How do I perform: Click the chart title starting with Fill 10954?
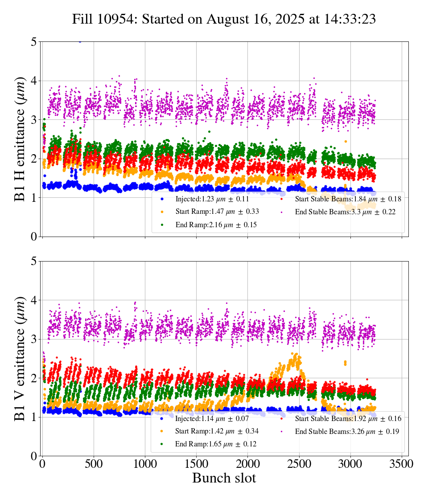click(x=224, y=19)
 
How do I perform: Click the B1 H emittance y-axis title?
click(x=20, y=139)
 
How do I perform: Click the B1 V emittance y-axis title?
click(x=20, y=358)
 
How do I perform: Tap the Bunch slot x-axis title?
click(x=224, y=479)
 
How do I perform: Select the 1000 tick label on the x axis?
click(x=145, y=463)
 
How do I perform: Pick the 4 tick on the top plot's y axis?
click(x=34, y=81)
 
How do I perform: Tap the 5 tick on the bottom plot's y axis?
click(x=34, y=261)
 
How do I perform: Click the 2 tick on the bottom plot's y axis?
click(x=34, y=378)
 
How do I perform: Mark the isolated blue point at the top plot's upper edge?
click(x=80, y=41)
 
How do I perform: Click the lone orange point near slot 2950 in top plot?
click(x=346, y=141)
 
